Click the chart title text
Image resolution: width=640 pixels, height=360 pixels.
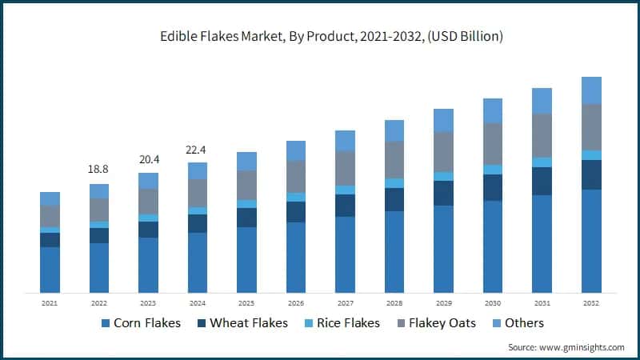coord(320,37)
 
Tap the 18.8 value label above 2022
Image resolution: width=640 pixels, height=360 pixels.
coord(99,170)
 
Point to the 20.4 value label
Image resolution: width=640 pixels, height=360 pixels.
coord(148,158)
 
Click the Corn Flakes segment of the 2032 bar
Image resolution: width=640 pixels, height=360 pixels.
coord(591,240)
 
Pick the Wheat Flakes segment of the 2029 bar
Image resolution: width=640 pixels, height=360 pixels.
coord(443,193)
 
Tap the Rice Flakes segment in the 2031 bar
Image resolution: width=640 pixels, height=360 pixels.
coord(542,162)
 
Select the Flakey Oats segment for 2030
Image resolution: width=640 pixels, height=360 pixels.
coord(493,143)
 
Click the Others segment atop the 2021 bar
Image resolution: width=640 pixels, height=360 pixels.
coord(50,198)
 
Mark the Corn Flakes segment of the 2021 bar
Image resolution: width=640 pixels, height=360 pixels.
coord(50,269)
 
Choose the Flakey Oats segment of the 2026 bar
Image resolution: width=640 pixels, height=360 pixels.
coord(296,176)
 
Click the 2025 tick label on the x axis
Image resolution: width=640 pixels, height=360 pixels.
coord(246,303)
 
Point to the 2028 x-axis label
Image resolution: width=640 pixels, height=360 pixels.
coord(394,303)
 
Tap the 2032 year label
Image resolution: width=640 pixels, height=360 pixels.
coord(591,303)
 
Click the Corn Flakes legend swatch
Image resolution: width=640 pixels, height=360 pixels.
coord(105,323)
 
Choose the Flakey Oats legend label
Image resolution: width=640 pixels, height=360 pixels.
coord(442,323)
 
